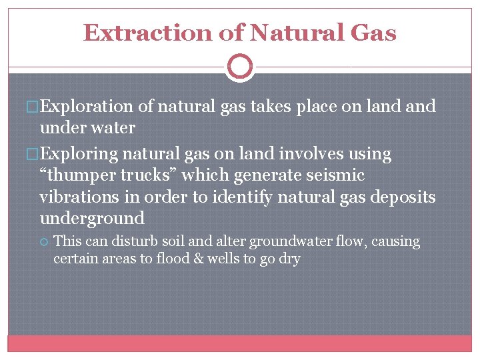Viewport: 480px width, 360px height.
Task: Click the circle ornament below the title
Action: [x=239, y=67]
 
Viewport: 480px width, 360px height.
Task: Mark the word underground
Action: [x=92, y=219]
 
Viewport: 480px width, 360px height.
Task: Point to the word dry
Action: [x=289, y=259]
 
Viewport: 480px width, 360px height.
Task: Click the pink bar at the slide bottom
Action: [x=239, y=343]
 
